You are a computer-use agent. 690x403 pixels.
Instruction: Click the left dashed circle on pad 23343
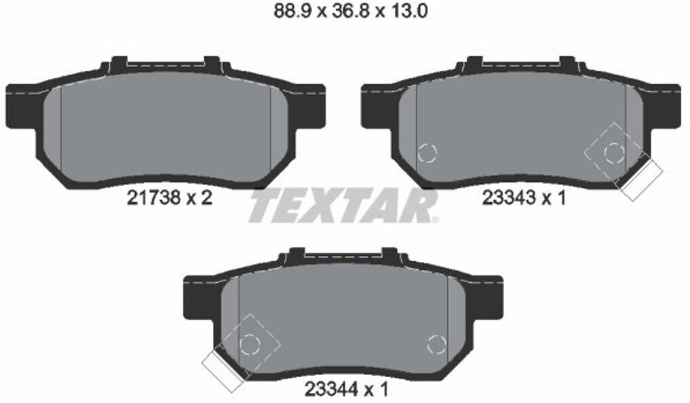427,153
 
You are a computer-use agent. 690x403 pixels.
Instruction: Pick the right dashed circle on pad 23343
614,153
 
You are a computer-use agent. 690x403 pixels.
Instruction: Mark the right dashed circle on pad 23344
437,344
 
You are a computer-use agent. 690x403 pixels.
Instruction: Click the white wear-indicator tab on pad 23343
642,180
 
